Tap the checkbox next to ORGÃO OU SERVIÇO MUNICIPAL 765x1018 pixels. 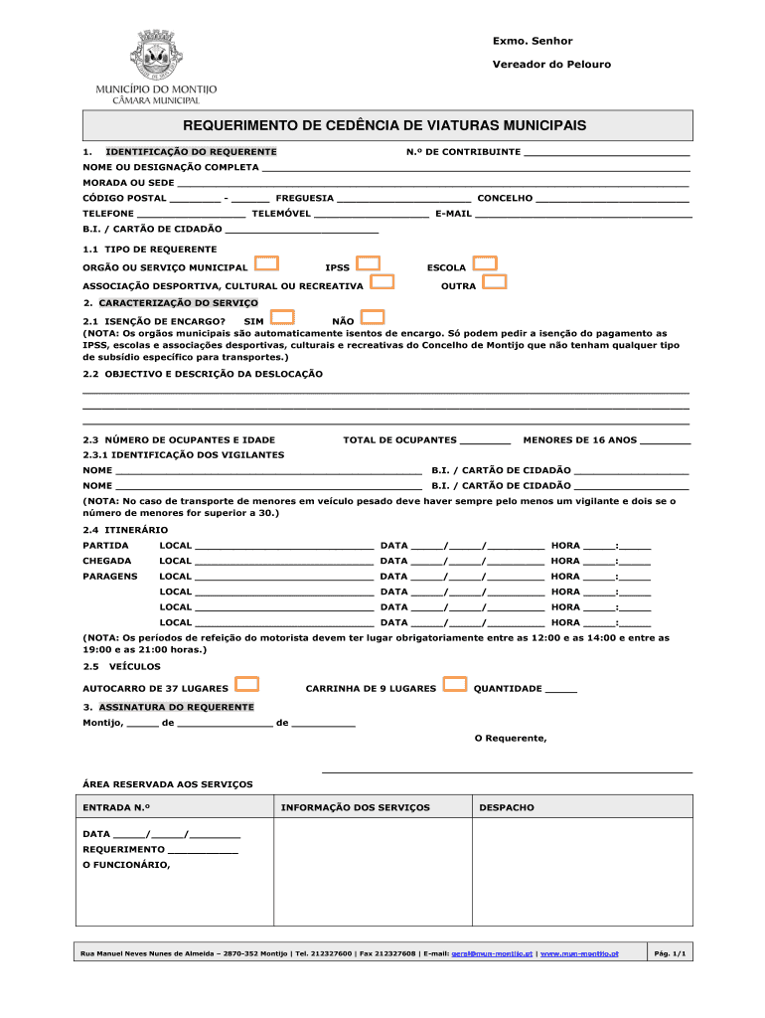pyautogui.click(x=266, y=263)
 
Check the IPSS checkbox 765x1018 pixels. pyautogui.click(x=369, y=263)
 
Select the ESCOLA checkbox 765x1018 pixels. pyautogui.click(x=485, y=263)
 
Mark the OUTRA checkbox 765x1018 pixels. pyautogui.click(x=494, y=282)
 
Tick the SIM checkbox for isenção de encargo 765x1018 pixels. pyautogui.click(x=283, y=317)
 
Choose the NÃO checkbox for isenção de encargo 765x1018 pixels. pyautogui.click(x=373, y=317)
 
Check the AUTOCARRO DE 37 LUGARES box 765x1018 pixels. pyautogui.click(x=247, y=684)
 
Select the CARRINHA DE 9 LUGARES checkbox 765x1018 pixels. pyautogui.click(x=455, y=684)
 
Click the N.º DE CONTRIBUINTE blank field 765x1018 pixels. pyautogui.click(x=606, y=153)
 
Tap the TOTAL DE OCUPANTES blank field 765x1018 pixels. pyautogui.click(x=486, y=440)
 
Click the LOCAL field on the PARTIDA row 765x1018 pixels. pyautogui.click(x=284, y=546)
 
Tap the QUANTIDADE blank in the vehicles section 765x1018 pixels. pyautogui.click(x=561, y=689)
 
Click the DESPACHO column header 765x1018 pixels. pyautogui.click(x=507, y=808)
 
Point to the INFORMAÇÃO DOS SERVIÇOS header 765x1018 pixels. pyautogui.click(x=356, y=808)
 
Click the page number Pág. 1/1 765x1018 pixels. pyautogui.click(x=668, y=953)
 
